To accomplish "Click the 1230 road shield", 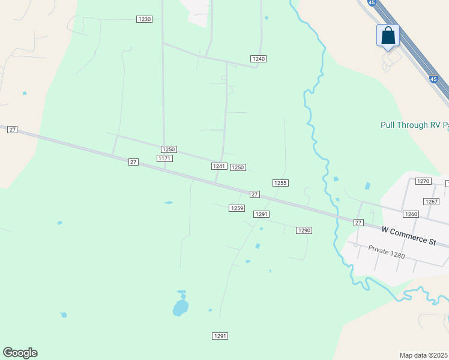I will (x=145, y=19).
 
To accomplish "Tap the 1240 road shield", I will (x=259, y=59).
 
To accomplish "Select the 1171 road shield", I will (x=164, y=158).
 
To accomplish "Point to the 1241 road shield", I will (x=218, y=166).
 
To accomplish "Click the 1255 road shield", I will (x=280, y=183).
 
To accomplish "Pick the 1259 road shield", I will (x=237, y=208).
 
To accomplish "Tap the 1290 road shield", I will (x=304, y=230).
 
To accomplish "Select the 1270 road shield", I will (x=424, y=181).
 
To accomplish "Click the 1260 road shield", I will (x=411, y=214).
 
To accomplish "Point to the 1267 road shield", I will (x=431, y=202).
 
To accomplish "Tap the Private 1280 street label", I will (x=387, y=252).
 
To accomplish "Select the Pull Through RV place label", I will (x=414, y=125).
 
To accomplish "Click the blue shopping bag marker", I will (x=388, y=35).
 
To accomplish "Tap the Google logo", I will (x=20, y=353).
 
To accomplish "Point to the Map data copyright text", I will (x=424, y=355).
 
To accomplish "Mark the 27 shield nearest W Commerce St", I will (x=358, y=223).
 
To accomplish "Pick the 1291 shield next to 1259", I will (x=261, y=214).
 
